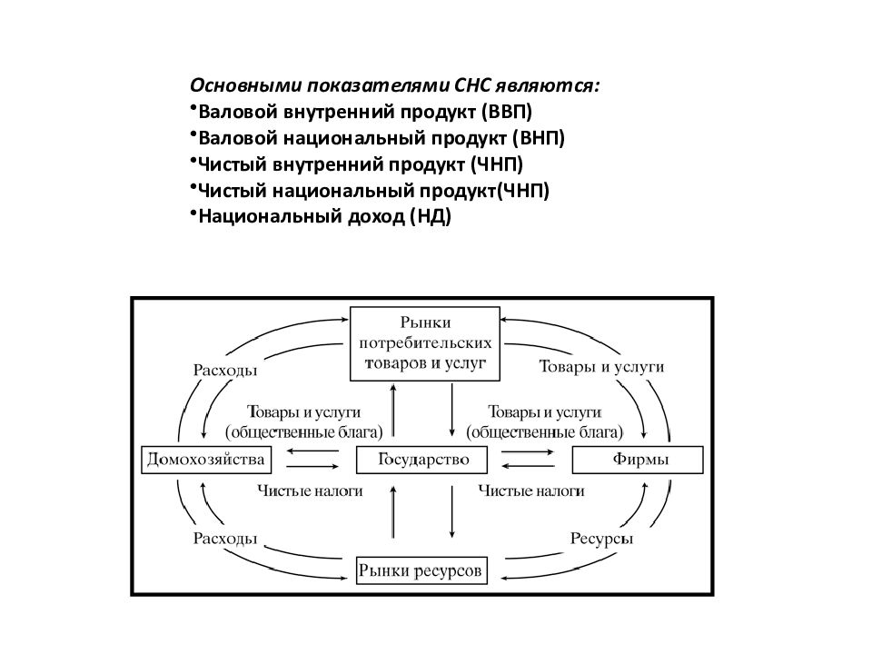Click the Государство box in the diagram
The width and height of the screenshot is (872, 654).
pos(421,460)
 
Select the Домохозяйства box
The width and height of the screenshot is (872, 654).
pos(206,460)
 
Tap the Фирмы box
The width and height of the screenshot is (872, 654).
pos(638,460)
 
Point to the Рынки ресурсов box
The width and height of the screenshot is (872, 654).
pos(421,570)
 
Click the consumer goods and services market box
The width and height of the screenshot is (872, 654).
pos(425,343)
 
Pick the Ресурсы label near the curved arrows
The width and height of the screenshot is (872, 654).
pos(601,539)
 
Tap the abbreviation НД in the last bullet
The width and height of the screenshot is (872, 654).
pos(431,216)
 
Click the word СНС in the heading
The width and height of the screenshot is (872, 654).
pos(471,85)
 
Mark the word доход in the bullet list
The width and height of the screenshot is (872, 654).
pos(376,217)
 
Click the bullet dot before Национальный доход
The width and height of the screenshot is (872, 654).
pos(193,212)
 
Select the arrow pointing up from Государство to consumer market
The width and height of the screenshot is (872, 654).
pos(393,410)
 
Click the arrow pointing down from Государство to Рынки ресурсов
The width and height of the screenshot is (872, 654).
pos(451,509)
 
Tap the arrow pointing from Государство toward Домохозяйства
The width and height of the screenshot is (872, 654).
pos(312,451)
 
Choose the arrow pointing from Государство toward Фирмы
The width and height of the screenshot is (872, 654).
pos(528,452)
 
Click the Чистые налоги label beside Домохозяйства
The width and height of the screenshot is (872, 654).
pos(310,491)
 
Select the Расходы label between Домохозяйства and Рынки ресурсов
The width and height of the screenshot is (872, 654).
pos(225,539)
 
